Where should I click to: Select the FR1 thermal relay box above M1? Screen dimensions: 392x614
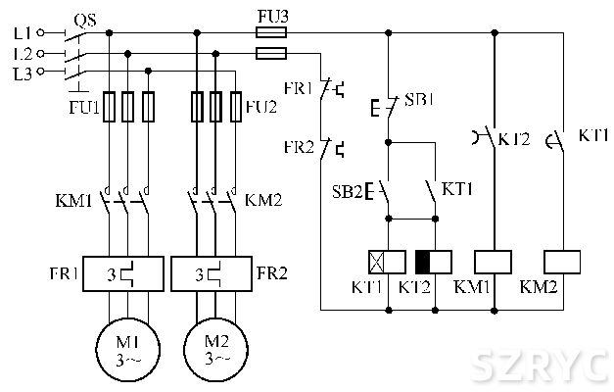pyautogui.click(x=125, y=271)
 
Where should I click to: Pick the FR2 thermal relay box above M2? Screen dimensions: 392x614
pyautogui.click(x=213, y=271)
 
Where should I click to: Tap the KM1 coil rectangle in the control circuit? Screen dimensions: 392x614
pyautogui.click(x=493, y=261)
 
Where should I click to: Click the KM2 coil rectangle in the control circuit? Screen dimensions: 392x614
pyautogui.click(x=562, y=261)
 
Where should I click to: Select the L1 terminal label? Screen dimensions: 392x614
pyautogui.click(x=23, y=32)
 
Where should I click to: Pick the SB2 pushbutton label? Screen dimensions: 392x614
pyautogui.click(x=349, y=189)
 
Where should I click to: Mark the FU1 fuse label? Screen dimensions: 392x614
pyautogui.click(x=83, y=107)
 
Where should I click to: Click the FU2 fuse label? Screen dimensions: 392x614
pyautogui.click(x=261, y=107)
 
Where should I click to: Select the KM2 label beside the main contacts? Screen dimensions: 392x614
pyautogui.click(x=262, y=201)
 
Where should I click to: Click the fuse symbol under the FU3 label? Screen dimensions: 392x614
pyautogui.click(x=271, y=31)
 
